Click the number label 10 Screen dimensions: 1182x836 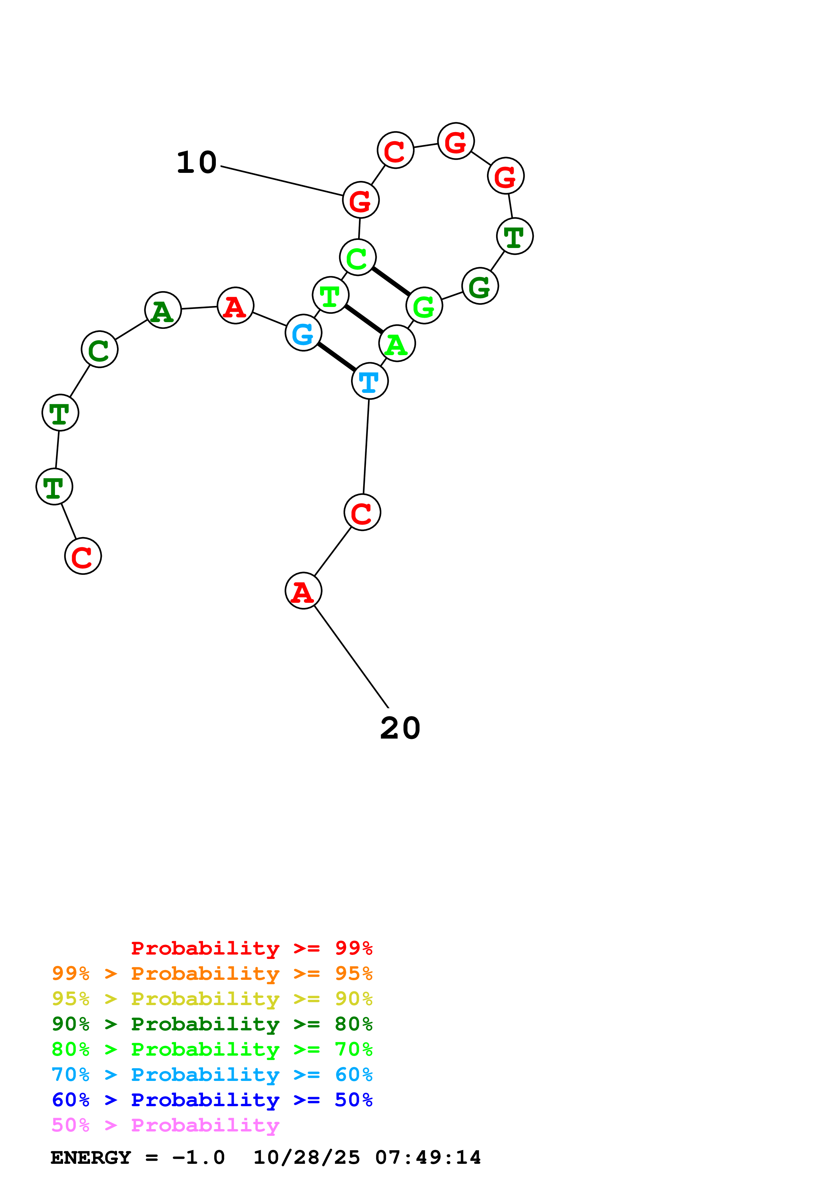click(196, 163)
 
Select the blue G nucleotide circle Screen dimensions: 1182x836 click(304, 333)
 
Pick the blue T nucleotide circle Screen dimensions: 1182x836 click(370, 381)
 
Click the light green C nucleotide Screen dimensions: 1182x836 click(358, 257)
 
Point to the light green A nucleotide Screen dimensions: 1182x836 click(397, 343)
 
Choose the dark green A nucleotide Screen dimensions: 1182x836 click(163, 310)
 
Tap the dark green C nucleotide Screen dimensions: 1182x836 click(99, 349)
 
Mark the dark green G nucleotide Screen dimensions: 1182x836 click(480, 286)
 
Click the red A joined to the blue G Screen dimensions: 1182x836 click(235, 306)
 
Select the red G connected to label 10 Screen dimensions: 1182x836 click(361, 200)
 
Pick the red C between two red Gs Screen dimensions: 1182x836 click(396, 150)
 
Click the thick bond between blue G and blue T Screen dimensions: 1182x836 click(336, 357)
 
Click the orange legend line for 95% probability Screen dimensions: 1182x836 click(212, 974)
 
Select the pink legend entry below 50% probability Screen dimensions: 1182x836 click(165, 1125)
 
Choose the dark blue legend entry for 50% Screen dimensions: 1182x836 click(212, 1100)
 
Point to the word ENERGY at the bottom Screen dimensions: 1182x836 click(91, 1157)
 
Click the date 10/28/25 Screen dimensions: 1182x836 click(307, 1157)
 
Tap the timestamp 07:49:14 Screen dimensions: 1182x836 click(428, 1157)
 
